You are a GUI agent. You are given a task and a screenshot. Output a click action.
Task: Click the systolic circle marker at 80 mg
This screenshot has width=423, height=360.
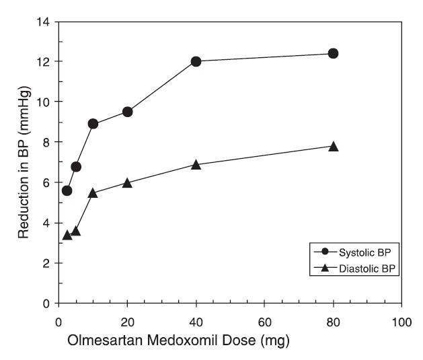[333, 53]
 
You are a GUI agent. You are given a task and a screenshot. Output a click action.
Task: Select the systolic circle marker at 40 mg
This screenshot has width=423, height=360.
[196, 61]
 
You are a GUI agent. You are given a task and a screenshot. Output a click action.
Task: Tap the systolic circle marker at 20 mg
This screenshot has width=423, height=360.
[127, 112]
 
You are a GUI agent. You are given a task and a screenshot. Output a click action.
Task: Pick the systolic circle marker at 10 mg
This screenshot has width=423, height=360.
[93, 124]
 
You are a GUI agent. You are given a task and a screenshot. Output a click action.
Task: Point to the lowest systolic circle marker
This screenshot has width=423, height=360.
[67, 190]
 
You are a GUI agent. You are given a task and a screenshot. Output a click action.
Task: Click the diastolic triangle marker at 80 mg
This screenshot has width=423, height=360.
[333, 146]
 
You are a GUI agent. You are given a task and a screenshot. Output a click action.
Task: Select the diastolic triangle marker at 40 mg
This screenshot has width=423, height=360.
[196, 164]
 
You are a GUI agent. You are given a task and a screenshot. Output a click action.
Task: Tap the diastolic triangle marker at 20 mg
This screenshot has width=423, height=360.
[127, 182]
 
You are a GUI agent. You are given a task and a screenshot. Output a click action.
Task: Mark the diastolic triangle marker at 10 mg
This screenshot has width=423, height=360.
[93, 192]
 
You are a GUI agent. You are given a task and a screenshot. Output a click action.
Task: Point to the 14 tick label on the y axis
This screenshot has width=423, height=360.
[43, 22]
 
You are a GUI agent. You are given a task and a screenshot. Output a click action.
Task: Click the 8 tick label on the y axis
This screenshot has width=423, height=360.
[46, 142]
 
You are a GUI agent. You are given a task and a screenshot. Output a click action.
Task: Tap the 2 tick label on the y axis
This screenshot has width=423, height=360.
[46, 263]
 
